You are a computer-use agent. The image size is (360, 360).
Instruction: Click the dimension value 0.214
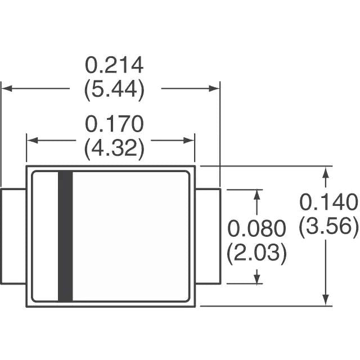[x=114, y=66]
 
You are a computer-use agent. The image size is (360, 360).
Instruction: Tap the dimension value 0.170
[x=114, y=124]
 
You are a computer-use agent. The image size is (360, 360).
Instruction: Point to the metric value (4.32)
[x=114, y=148]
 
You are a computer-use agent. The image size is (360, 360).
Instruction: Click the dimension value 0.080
[x=256, y=229]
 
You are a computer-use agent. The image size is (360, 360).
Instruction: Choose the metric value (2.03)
[x=256, y=253]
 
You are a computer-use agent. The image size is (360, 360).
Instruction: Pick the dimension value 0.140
[x=328, y=201]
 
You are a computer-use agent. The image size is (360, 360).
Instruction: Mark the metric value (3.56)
[x=328, y=226]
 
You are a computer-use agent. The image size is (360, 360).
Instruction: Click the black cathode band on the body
[x=65, y=236]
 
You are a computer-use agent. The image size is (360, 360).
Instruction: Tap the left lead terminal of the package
[x=13, y=236]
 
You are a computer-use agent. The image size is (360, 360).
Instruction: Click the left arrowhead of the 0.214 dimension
[x=7, y=88]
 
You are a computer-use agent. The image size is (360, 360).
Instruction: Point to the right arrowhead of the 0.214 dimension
[x=214, y=88]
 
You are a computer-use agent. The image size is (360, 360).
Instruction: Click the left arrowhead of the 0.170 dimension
[x=33, y=141]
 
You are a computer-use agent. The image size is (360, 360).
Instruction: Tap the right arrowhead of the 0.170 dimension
[x=189, y=141]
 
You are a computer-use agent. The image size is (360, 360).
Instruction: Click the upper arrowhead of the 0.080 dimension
[x=258, y=195]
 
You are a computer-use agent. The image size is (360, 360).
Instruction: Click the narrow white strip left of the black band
[x=45, y=236]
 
